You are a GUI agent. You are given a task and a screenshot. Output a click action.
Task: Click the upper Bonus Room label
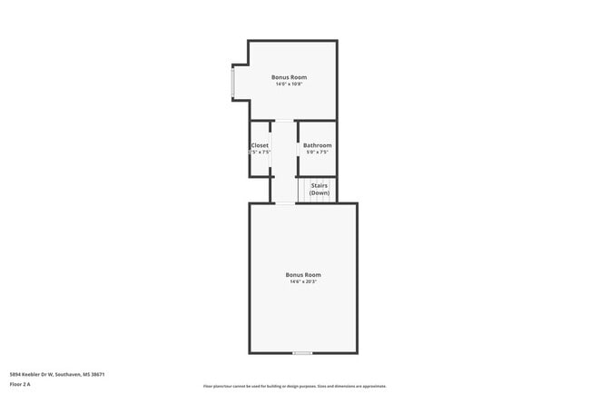289,77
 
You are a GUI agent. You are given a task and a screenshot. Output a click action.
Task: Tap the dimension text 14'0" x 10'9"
289,84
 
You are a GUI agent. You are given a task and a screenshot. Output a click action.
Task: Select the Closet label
260,145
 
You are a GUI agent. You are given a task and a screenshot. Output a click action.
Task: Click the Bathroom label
317,145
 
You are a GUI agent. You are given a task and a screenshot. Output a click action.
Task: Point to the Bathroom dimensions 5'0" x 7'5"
317,153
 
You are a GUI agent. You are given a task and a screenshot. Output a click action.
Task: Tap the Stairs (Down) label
320,189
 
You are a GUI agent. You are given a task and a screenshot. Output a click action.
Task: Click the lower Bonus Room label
302,274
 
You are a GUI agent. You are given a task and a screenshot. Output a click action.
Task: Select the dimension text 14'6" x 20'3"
302,281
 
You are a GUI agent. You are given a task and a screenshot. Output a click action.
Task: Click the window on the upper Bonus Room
233,84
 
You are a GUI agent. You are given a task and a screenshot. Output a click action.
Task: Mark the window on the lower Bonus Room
302,352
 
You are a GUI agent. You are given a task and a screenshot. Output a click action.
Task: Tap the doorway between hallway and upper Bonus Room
285,121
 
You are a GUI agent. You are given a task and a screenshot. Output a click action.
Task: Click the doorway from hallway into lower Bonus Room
285,203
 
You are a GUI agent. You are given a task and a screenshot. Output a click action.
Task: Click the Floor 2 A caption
20,385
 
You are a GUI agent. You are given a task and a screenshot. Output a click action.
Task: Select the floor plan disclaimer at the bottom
294,386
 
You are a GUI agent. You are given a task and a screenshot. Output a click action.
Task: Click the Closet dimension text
260,153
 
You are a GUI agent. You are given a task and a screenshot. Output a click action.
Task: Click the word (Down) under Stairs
320,192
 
